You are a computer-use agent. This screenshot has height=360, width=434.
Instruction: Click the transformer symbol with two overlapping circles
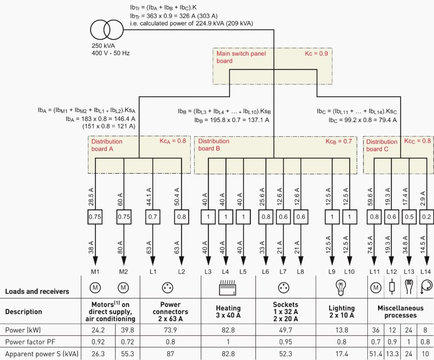(x=106, y=30)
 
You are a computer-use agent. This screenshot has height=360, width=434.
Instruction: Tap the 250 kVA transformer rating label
(x=103, y=46)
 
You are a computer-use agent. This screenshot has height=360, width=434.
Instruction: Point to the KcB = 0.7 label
(x=339, y=142)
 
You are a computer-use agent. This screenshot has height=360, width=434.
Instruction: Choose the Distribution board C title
(x=381, y=145)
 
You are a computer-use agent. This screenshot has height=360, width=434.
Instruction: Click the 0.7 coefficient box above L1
(x=153, y=217)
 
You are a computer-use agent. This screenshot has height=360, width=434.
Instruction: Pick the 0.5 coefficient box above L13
(x=409, y=217)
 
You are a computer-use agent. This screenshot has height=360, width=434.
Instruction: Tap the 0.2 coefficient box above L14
(x=426, y=217)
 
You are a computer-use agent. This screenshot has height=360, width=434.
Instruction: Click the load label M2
(x=123, y=272)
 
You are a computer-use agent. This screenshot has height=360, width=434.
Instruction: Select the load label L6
(x=265, y=272)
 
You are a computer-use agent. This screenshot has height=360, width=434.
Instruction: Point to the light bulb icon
(x=341, y=288)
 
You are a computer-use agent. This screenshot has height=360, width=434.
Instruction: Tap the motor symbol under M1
(x=95, y=288)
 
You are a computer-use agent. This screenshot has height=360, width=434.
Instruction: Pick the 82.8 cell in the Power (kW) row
(x=228, y=330)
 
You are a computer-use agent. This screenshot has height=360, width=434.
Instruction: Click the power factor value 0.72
(x=127, y=342)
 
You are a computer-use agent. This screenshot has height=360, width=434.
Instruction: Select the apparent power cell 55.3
(x=127, y=354)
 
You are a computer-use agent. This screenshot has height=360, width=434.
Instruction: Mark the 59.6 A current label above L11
(x=370, y=197)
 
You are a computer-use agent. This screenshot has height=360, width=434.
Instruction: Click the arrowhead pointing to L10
(x=350, y=261)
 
